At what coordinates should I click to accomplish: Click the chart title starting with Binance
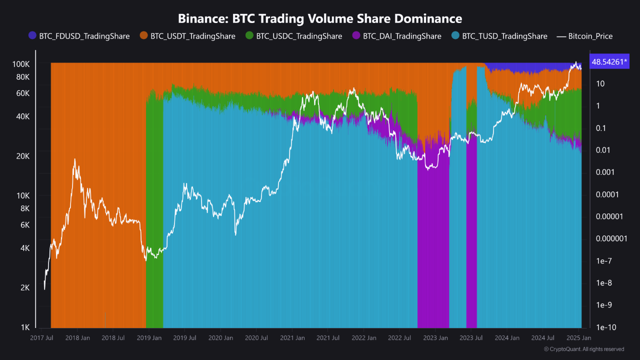(320, 19)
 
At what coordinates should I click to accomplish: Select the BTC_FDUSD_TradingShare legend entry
(79, 36)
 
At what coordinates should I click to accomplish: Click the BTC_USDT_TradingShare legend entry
(188, 36)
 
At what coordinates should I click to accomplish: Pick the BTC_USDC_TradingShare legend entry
(294, 36)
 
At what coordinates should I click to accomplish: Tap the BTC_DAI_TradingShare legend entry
(397, 36)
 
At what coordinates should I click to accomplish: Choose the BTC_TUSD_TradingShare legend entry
(499, 36)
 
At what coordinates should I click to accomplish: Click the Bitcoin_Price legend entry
(585, 36)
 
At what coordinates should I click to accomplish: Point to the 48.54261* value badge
(608, 62)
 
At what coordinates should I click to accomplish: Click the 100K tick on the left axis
(21, 64)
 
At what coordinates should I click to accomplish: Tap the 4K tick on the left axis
(24, 248)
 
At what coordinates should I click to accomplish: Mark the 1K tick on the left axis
(25, 327)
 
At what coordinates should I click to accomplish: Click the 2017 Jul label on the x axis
(42, 338)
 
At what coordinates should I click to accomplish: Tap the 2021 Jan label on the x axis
(292, 338)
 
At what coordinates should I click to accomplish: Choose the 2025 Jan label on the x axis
(578, 338)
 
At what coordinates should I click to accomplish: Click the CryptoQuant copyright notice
(583, 349)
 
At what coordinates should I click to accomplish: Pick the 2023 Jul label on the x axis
(471, 338)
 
